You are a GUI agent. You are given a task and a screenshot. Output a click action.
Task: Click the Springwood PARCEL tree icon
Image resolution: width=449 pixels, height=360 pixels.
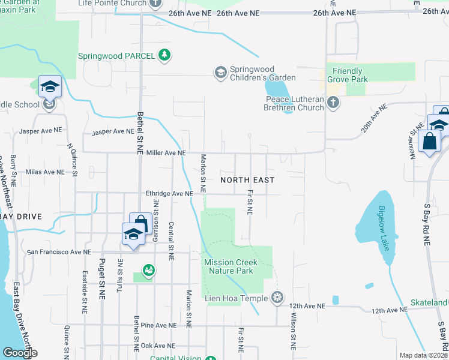(164, 56)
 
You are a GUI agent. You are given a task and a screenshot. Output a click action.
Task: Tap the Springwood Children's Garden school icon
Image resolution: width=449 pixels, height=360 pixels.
(220, 73)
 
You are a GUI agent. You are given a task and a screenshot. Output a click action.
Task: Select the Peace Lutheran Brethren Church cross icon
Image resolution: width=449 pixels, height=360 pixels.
(334, 103)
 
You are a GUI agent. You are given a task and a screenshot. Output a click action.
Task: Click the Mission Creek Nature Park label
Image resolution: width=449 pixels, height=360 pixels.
(231, 266)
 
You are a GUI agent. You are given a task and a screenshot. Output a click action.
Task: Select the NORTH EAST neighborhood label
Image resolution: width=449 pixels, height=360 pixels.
(247, 180)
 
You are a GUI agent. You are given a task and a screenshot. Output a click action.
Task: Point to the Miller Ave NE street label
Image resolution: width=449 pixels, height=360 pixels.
(163, 153)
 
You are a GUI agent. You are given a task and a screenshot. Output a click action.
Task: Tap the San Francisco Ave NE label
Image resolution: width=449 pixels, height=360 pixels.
(59, 253)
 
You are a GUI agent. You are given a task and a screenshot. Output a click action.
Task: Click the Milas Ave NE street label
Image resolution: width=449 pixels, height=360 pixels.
(44, 172)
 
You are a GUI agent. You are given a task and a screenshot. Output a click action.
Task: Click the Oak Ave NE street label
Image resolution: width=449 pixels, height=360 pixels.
(158, 346)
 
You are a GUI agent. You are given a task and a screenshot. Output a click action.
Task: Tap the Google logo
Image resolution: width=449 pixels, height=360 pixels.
(20, 353)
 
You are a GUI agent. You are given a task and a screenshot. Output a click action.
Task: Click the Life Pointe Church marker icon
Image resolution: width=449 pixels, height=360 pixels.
(155, 3)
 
